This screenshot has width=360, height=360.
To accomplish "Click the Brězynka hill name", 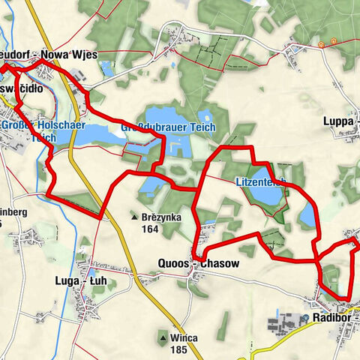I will pyautogui.click(x=160, y=216).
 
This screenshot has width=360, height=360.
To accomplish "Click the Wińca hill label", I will pyautogui.click(x=183, y=337).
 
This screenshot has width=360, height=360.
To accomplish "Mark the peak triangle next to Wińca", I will pyautogui.click(x=161, y=337).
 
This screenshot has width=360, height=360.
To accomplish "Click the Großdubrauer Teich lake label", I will pyautogui.click(x=168, y=127).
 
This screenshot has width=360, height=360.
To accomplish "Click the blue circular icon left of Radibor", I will pyautogui.click(x=306, y=317).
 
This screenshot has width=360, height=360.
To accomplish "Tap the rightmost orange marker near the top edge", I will pyautogui.click(x=321, y=44).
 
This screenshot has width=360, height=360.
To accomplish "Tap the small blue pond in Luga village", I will pyautogui.click(x=94, y=271).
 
